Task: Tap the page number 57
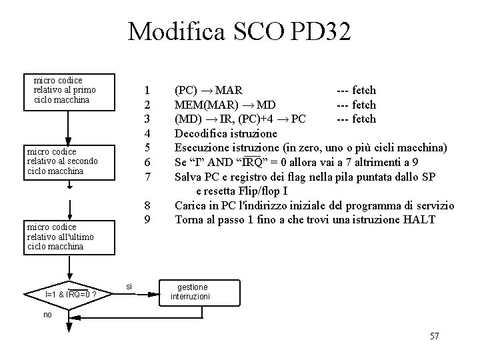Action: tap(433, 336)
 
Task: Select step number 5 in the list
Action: tap(149, 147)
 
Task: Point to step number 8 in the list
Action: tap(149, 205)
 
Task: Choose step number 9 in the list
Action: tap(149, 219)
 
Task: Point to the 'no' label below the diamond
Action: tap(47, 314)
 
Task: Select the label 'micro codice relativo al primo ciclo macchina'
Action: tap(65, 90)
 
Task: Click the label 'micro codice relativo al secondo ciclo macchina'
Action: tap(62, 161)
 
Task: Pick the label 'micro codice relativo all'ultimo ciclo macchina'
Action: tap(61, 237)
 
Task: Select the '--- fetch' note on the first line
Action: tap(356, 90)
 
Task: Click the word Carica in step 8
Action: tap(192, 205)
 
